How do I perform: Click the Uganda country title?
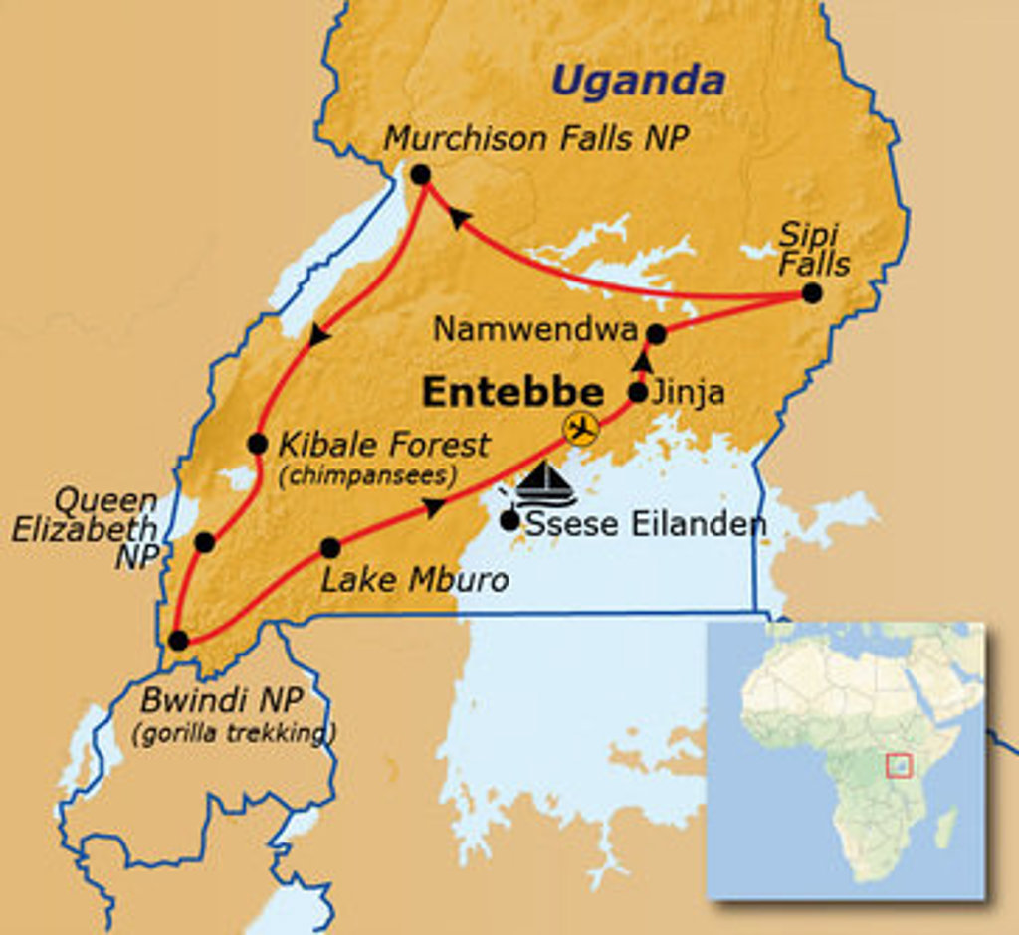(x=638, y=81)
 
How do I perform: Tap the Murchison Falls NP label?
(x=536, y=138)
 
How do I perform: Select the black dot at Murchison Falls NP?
(x=420, y=175)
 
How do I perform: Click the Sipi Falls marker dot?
(x=812, y=293)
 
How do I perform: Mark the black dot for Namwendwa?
(x=656, y=334)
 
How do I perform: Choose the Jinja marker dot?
(x=638, y=392)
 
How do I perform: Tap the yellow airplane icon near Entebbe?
(x=581, y=429)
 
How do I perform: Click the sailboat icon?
(x=546, y=484)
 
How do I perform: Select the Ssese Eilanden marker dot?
(x=510, y=519)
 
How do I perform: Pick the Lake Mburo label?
(x=415, y=579)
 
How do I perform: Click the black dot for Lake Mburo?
(x=330, y=548)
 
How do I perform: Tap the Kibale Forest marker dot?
(x=257, y=444)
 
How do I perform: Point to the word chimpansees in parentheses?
(x=367, y=476)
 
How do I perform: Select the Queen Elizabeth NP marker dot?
(x=204, y=542)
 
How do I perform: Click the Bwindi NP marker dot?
(x=178, y=641)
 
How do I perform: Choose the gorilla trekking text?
(x=235, y=735)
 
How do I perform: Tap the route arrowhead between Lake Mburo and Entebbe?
(x=433, y=508)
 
